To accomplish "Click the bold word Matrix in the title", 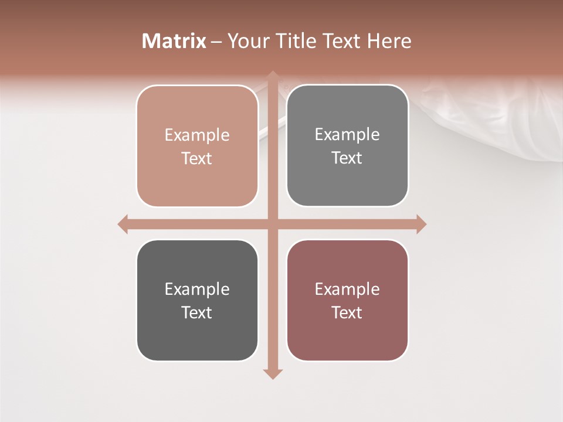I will (174, 41).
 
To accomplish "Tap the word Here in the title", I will (389, 41).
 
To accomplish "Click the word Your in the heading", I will (247, 41).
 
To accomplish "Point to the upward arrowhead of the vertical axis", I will (273, 76).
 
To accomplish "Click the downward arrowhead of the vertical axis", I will (273, 373).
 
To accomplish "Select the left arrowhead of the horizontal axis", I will (123, 224).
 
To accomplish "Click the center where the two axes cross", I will (273, 224).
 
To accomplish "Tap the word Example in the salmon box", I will (197, 135).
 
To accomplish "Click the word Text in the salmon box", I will (197, 159).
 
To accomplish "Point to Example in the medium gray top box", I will (347, 135).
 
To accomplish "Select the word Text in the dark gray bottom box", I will (197, 312).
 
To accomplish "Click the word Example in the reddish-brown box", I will (347, 289).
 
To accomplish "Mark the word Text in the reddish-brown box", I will (347, 312).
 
